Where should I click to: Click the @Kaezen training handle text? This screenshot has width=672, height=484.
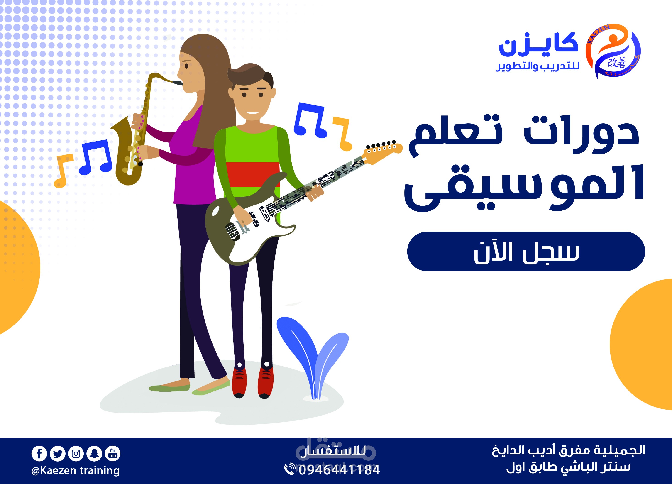(75, 470)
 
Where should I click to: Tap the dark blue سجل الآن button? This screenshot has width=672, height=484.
(526, 251)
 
